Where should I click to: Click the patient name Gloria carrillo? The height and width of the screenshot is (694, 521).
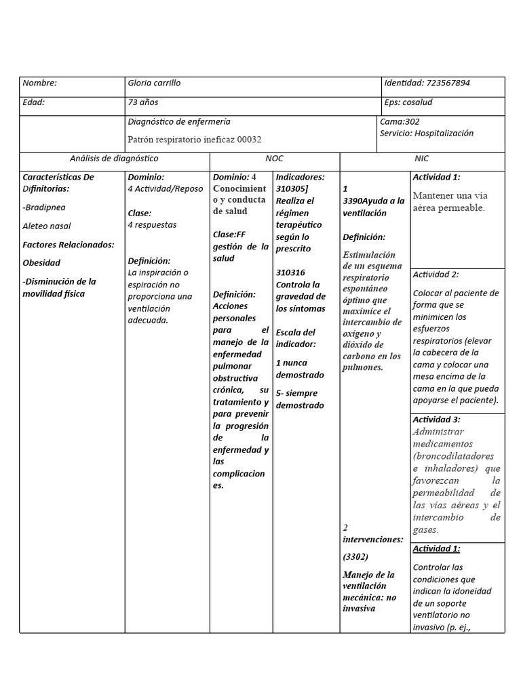154,83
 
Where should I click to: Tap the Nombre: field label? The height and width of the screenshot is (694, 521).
40,83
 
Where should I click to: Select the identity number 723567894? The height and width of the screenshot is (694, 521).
448,83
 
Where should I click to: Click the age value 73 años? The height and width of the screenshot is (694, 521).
142,102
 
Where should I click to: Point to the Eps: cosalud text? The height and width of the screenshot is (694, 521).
408,102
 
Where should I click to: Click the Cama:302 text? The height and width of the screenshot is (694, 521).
400,122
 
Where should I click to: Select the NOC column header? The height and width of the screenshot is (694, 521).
274,159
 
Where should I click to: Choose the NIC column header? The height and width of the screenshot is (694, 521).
422,159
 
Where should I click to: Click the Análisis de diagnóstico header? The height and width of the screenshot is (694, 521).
114,159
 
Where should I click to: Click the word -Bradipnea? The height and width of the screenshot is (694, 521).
44,207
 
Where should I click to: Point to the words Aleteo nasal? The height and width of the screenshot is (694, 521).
47,226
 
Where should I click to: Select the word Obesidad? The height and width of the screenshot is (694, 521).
41,263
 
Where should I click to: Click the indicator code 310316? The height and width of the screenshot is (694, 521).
290,272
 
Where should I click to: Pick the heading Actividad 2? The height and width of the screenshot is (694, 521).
436,274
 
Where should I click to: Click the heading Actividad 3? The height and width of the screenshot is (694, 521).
436,420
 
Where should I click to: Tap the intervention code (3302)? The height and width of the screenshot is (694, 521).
355,557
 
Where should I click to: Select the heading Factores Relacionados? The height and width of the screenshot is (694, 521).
69,245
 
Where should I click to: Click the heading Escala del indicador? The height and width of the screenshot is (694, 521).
296,338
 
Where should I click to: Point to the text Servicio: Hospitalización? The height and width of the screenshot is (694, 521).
427,134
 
